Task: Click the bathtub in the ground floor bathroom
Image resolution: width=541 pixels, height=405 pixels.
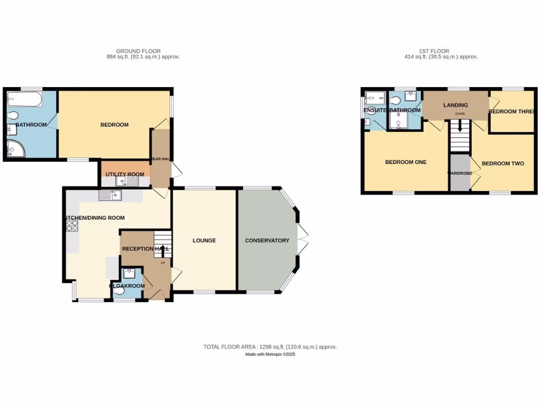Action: pyautogui.click(x=24, y=99)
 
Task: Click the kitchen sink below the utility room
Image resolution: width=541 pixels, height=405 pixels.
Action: pyautogui.click(x=110, y=196)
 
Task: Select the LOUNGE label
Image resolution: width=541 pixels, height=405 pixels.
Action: pyautogui.click(x=204, y=240)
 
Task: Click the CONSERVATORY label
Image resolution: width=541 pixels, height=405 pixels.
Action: pyautogui.click(x=267, y=240)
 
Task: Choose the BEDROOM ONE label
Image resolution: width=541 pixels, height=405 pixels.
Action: pyautogui.click(x=405, y=162)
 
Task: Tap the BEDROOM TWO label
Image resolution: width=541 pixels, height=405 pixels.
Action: pyautogui.click(x=502, y=163)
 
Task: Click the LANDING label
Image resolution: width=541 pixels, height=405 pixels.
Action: pyautogui.click(x=455, y=105)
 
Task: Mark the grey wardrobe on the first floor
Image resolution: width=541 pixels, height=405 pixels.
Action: pyautogui.click(x=460, y=172)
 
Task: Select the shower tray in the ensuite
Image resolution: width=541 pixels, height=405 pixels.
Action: pyautogui.click(x=376, y=97)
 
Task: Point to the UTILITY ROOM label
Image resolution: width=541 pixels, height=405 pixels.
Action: pyautogui.click(x=125, y=174)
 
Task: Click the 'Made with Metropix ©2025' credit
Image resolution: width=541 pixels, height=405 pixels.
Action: pyautogui.click(x=270, y=354)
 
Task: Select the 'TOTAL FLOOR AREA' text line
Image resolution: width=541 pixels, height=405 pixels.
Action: pyautogui.click(x=270, y=346)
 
